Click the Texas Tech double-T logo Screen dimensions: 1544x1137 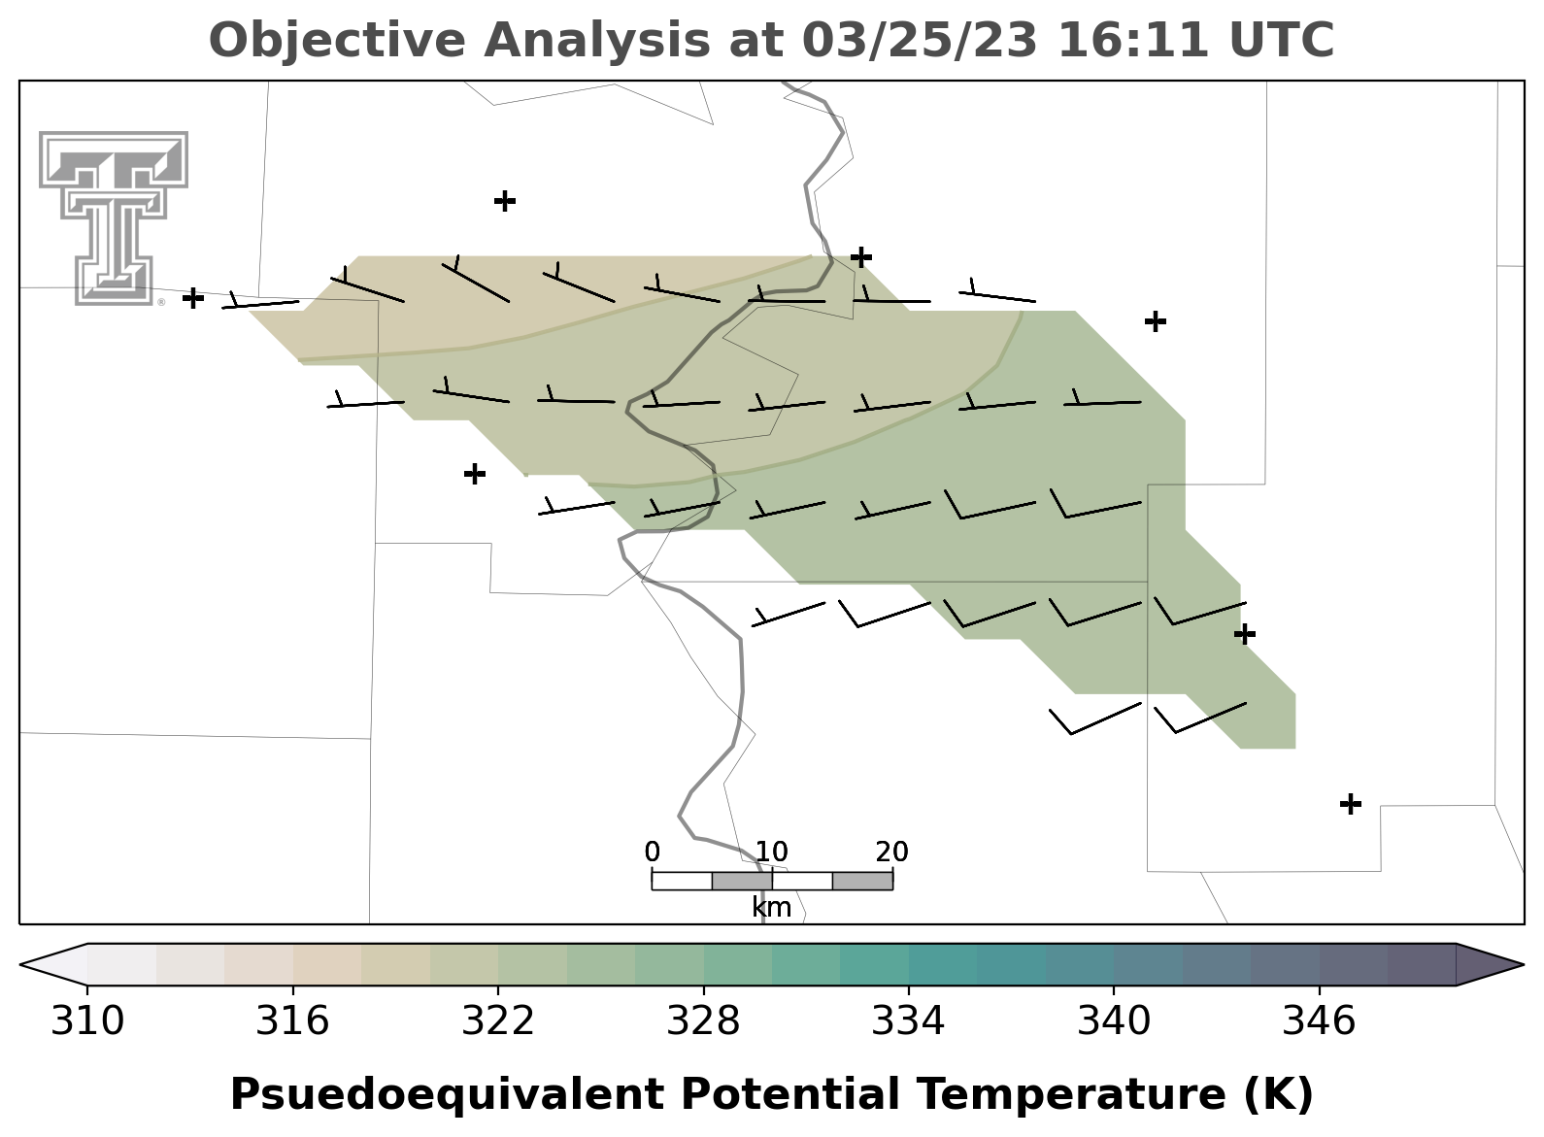(114, 217)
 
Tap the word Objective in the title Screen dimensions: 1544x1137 (339, 40)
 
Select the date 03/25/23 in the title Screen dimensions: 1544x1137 (920, 40)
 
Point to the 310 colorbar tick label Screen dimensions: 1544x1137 (87, 1020)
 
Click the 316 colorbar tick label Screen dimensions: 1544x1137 (293, 1020)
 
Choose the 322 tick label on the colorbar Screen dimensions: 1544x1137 (497, 1020)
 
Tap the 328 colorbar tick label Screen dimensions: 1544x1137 (703, 1020)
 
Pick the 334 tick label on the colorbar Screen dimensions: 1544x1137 (908, 1020)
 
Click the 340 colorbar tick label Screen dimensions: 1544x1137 (1113, 1020)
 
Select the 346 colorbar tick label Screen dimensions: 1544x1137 (1319, 1020)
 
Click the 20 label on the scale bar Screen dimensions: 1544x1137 (892, 853)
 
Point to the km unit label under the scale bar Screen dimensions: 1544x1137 (771, 908)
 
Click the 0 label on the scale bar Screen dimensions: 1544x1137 (652, 853)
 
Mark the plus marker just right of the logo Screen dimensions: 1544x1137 (193, 298)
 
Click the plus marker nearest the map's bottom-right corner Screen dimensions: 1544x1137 (1351, 804)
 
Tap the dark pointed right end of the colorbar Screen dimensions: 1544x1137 (1489, 965)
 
